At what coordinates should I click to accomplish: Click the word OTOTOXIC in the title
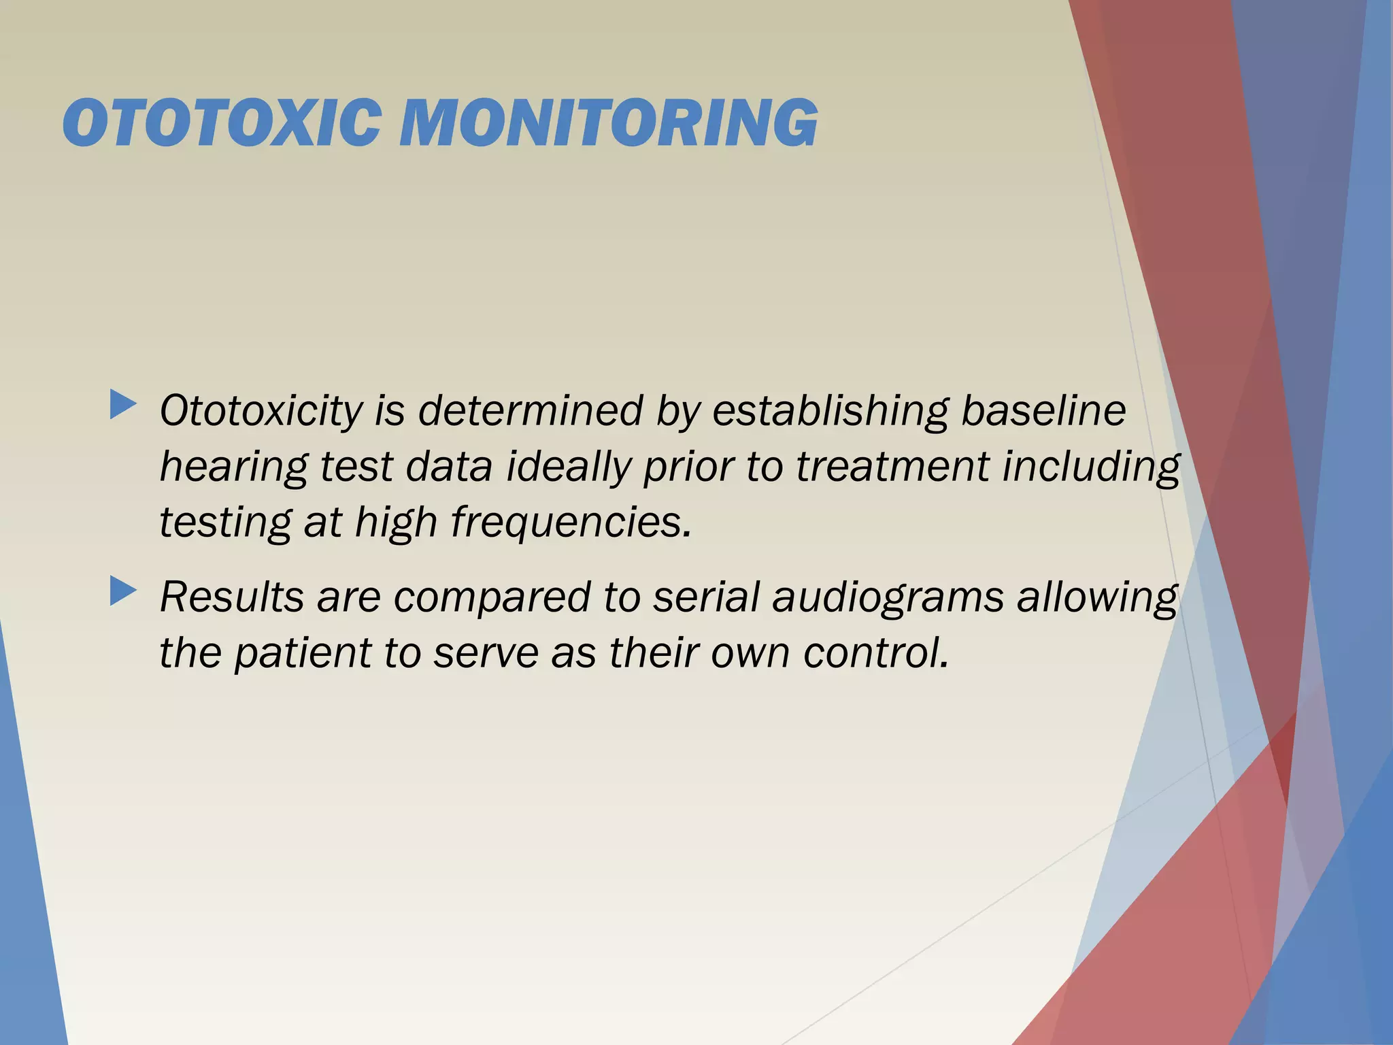point(221,123)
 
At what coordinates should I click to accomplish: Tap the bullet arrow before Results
point(123,591)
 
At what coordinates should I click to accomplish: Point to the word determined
point(530,412)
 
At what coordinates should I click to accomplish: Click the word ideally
point(569,469)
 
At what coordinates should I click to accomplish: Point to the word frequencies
point(571,524)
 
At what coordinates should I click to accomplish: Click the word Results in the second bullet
point(231,597)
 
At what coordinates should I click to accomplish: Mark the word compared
point(492,598)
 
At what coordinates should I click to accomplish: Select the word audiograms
point(888,598)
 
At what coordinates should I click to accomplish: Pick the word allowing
point(1096,598)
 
